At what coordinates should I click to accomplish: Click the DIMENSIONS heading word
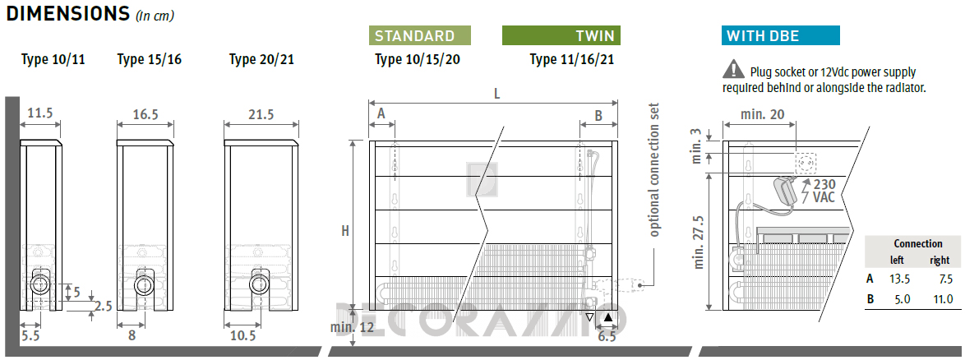(67, 13)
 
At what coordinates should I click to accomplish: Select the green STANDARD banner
(420, 35)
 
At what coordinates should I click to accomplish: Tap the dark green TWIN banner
(561, 35)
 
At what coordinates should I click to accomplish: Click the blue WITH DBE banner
(780, 35)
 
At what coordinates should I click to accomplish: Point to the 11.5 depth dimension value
(40, 113)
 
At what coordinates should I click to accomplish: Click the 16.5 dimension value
(145, 113)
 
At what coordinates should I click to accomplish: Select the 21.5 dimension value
(261, 114)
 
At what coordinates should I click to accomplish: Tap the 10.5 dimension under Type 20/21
(243, 335)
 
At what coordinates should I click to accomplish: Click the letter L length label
(496, 95)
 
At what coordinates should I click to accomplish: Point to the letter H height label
(345, 232)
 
